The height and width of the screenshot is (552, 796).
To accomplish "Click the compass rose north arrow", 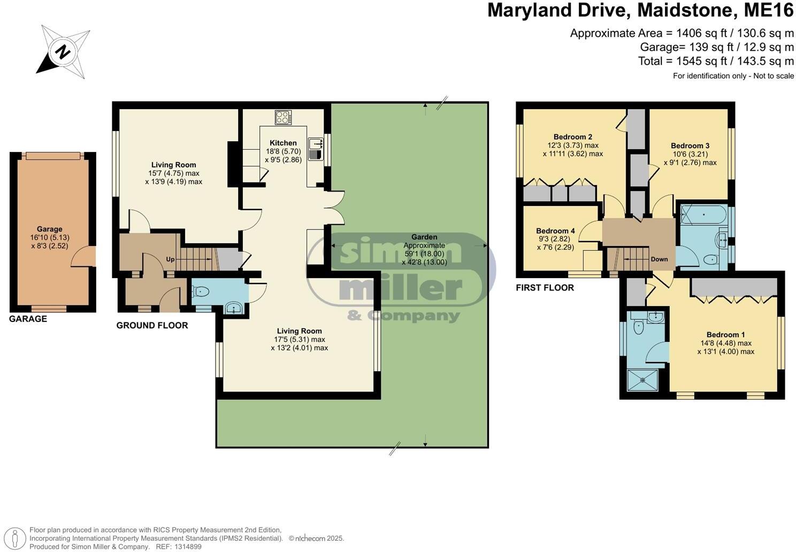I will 63,52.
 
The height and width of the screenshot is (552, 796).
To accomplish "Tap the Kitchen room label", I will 283,143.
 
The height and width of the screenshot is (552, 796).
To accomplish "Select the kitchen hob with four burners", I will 283,117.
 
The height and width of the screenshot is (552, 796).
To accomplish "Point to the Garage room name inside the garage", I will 50,229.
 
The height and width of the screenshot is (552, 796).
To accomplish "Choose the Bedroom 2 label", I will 572,137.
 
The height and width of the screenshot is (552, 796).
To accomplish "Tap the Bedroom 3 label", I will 690,145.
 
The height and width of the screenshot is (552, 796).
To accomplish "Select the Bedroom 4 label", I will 555,231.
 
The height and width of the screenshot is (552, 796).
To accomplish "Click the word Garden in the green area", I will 424,237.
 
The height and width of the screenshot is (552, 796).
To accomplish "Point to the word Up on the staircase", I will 170,259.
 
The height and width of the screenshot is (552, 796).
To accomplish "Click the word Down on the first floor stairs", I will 659,259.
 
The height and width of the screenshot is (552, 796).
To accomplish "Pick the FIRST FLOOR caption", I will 545,288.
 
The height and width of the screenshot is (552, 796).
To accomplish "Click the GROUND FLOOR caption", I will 152,325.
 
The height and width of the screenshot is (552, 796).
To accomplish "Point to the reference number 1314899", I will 186,547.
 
